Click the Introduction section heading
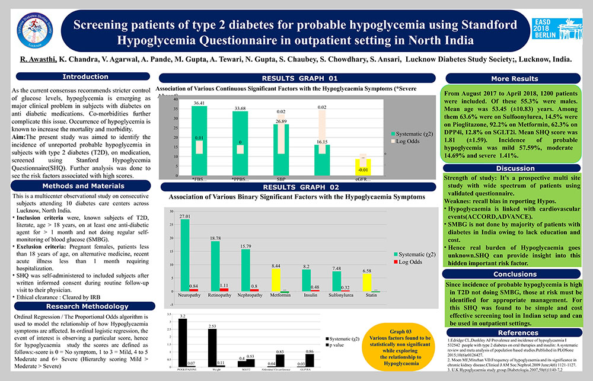point(81,76)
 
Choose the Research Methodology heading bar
point(81,306)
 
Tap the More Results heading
point(514,78)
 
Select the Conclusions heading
point(514,274)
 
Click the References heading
point(514,333)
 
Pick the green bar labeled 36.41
point(199,141)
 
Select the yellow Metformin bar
point(276,280)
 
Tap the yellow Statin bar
point(367,282)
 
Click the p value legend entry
point(336,344)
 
